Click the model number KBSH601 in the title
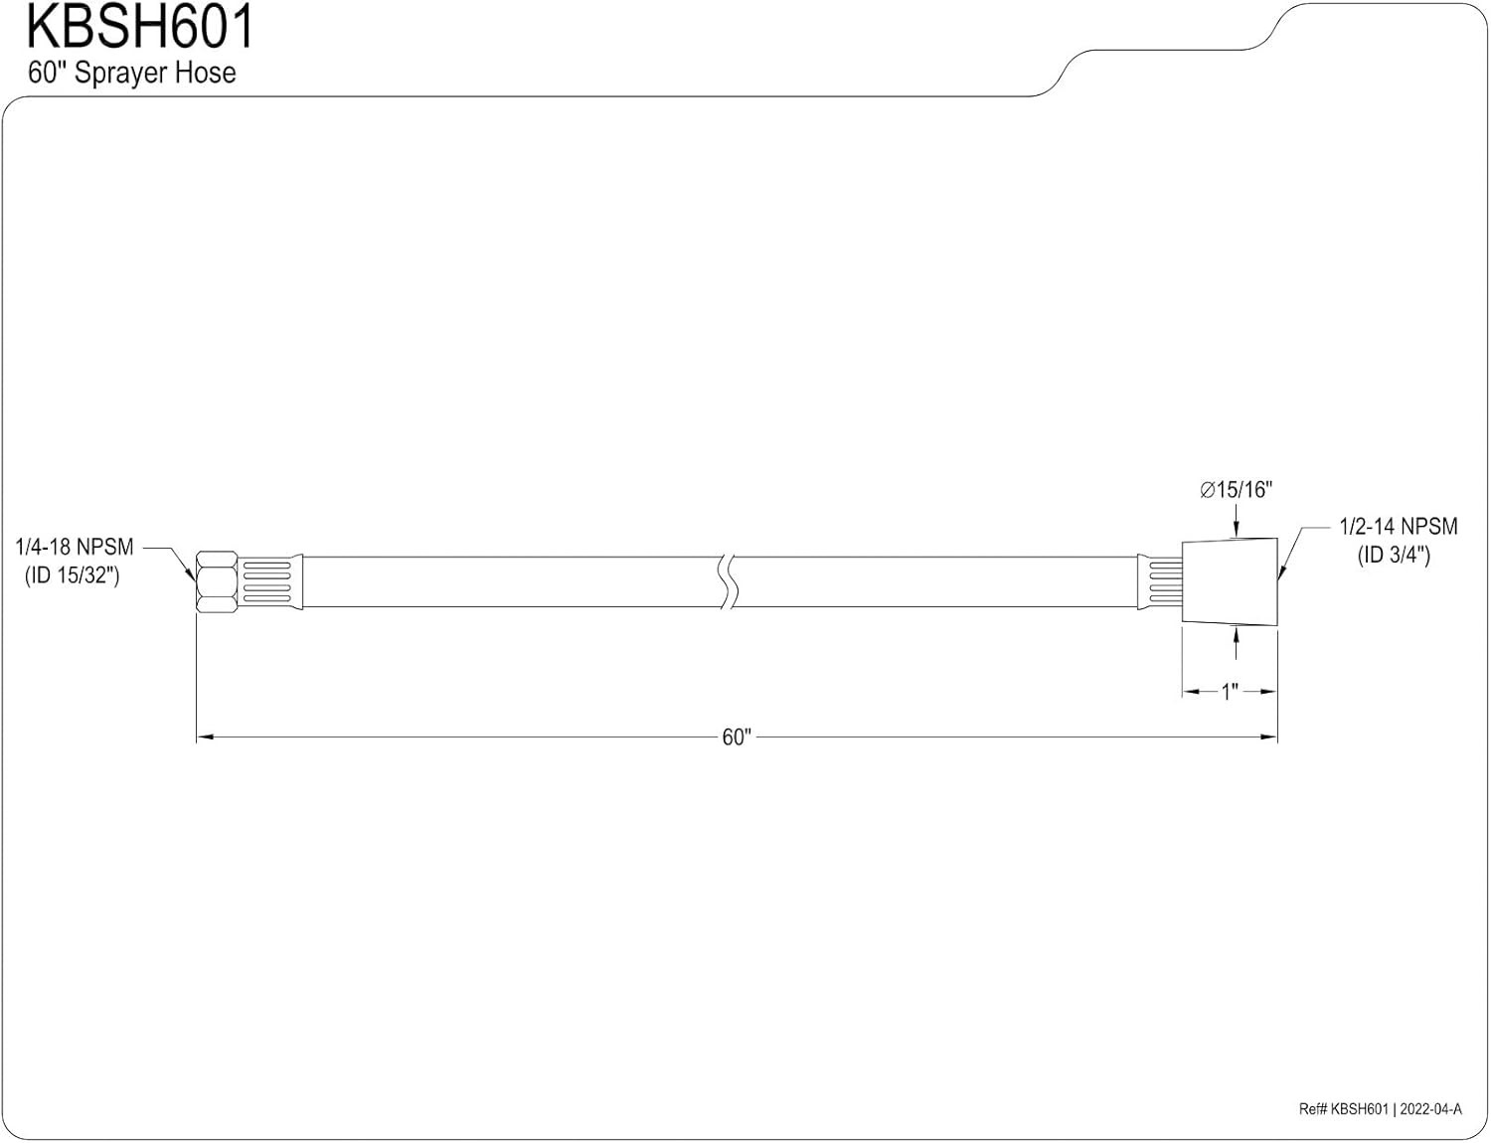click(140, 28)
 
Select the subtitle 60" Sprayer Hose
click(132, 73)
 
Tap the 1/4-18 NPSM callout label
click(75, 547)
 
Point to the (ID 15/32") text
click(72, 574)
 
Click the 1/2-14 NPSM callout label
click(1399, 526)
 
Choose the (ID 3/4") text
click(1394, 555)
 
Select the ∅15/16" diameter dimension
click(1236, 490)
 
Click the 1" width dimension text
click(1229, 692)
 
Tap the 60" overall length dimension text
click(737, 736)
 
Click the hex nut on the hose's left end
click(217, 581)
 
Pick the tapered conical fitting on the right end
click(1229, 581)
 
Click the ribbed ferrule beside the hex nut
click(270, 581)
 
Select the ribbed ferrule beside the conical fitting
click(1159, 581)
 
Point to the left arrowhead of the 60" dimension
click(205, 736)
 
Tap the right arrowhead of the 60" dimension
click(1269, 736)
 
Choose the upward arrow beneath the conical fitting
click(1236, 642)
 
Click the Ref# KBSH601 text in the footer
click(1344, 1109)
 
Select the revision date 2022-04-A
click(1431, 1109)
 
